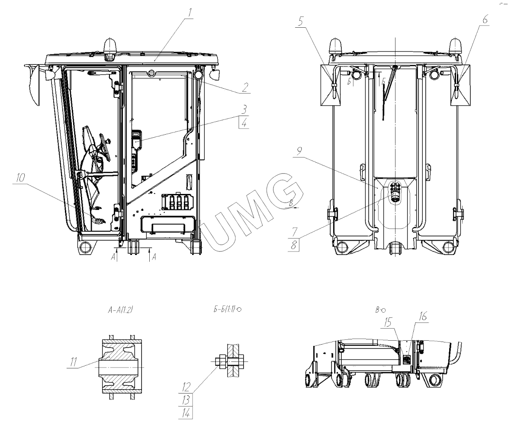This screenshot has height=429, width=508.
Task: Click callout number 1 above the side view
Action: coord(190,13)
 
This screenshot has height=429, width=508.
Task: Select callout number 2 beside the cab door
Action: coord(245,87)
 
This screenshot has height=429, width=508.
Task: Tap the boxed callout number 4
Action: coord(244,123)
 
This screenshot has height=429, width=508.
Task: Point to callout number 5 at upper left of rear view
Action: coord(301,22)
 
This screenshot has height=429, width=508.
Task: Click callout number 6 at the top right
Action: coord(485,19)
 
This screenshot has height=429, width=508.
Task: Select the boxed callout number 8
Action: coord(293,245)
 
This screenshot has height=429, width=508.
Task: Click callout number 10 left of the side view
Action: coord(20,178)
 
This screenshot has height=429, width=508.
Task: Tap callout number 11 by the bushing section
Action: coord(74,362)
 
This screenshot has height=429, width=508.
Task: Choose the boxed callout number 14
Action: coord(185,413)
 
